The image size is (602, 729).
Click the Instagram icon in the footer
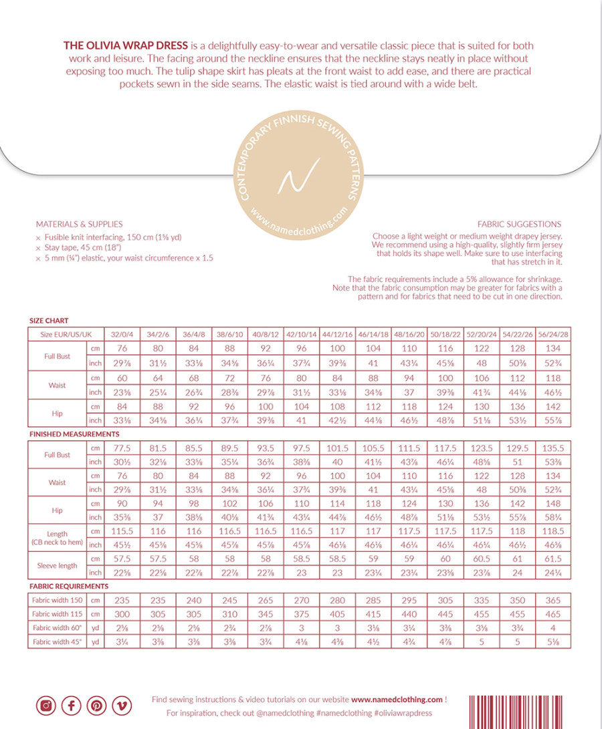pos(46,706)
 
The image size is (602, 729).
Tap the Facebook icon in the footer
pos(72,706)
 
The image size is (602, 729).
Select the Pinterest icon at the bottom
pos(97,706)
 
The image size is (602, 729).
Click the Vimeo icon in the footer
pos(122,706)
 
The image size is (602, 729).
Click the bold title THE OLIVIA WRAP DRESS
pos(125,46)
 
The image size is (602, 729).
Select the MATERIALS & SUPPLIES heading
pos(79,225)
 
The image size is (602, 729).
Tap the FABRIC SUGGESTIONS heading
pos(519,225)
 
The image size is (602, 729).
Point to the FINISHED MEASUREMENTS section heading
pos(70,434)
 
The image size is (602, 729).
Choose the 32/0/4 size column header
pos(122,333)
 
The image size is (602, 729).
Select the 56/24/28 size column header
pos(553,333)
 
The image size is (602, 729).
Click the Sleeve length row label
pos(57,565)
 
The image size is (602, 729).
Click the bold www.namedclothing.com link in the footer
pos(397,700)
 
